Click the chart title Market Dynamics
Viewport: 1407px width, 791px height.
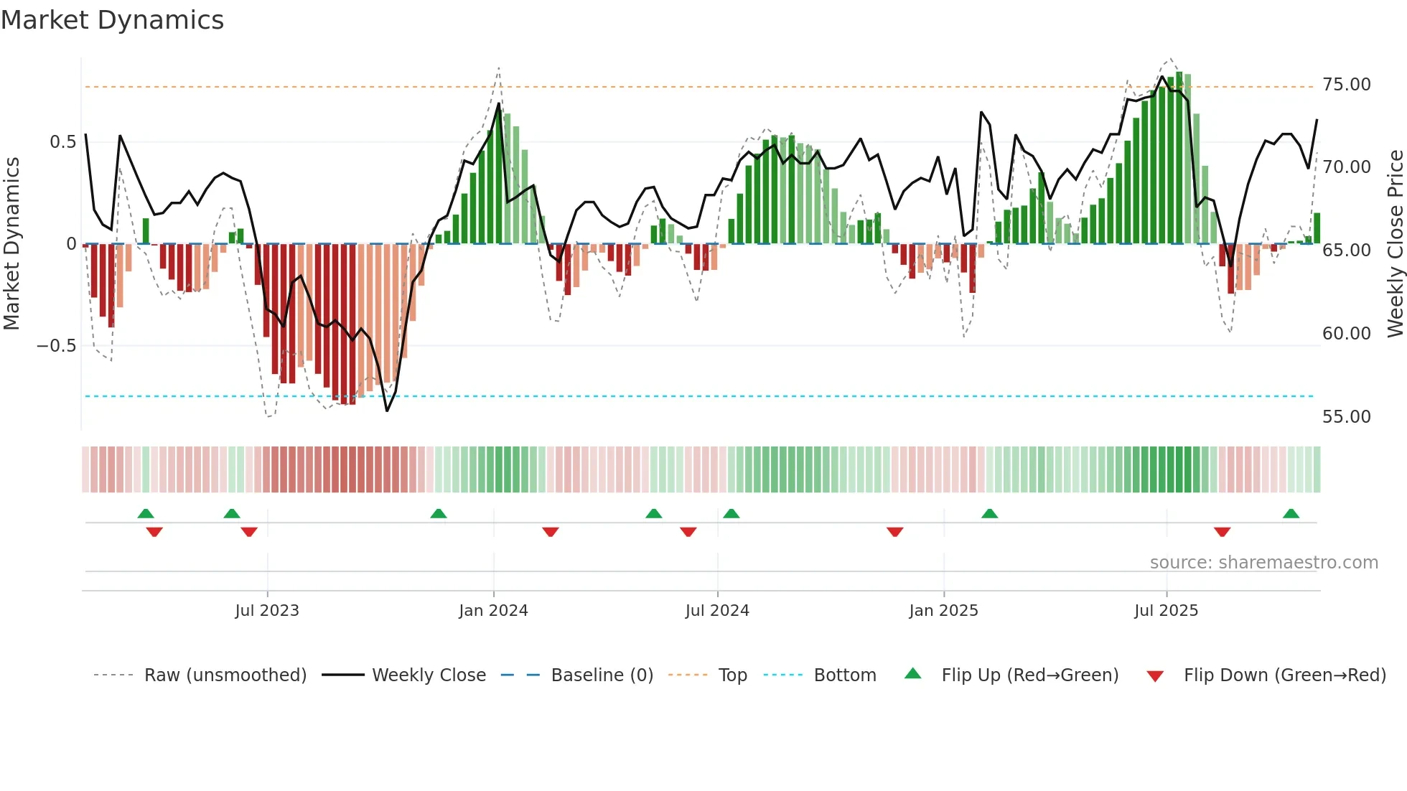coord(112,20)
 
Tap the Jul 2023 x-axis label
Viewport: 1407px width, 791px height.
coord(266,611)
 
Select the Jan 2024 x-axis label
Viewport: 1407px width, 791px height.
coord(493,611)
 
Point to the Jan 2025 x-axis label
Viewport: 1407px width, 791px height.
coord(943,611)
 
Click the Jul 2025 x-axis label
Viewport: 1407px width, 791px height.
coord(1166,611)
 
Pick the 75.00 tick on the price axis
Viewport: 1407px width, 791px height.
coord(1346,85)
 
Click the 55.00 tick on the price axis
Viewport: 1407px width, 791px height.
coord(1346,417)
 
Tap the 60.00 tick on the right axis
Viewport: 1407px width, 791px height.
coord(1346,334)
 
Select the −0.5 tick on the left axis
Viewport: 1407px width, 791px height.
coord(56,346)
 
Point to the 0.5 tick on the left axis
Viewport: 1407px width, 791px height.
coord(62,142)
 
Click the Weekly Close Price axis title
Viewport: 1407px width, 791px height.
coord(1395,244)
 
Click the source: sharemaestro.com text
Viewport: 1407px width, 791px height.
coord(1263,563)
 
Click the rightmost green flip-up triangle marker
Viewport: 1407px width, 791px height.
coord(1291,514)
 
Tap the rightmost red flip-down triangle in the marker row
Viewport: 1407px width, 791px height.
coord(1222,532)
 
